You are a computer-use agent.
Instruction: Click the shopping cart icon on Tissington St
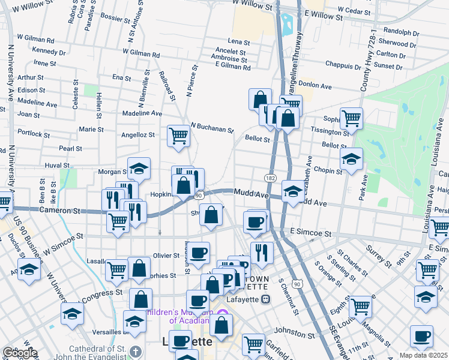click(x=351, y=118)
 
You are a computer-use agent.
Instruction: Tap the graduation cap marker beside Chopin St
click(x=351, y=158)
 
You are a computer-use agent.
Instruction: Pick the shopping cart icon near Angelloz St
click(x=178, y=136)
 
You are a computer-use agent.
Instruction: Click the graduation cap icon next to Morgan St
click(x=139, y=168)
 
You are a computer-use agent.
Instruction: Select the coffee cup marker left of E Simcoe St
click(x=255, y=221)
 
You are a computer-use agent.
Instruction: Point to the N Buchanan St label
click(x=212, y=128)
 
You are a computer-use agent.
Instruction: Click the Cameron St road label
click(x=59, y=211)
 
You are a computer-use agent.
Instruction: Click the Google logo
click(x=19, y=353)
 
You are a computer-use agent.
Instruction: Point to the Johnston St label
click(x=295, y=329)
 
